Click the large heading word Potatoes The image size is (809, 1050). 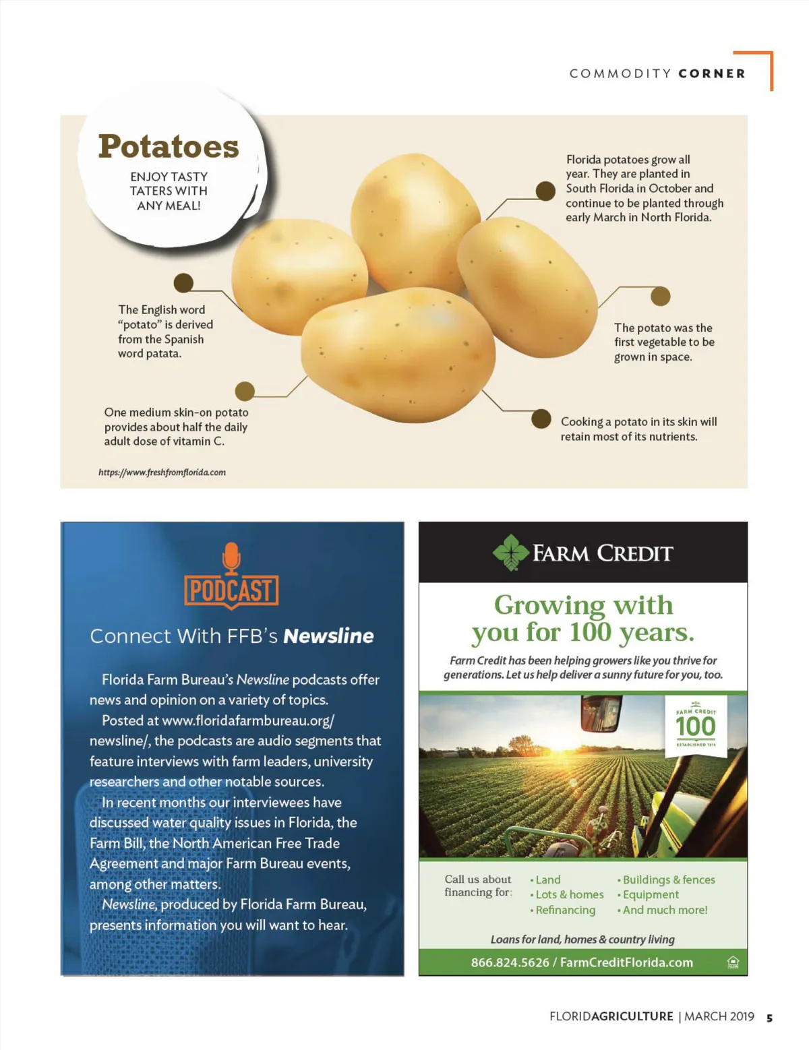click(169, 146)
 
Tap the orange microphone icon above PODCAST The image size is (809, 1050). click(231, 558)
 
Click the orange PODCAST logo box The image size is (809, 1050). click(231, 591)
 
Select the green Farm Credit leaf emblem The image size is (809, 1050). click(511, 553)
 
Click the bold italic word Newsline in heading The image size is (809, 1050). click(328, 636)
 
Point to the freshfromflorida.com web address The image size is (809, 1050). click(162, 472)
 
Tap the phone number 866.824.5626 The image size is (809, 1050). click(510, 962)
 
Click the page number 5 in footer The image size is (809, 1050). click(769, 1018)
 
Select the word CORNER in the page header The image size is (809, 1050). click(712, 73)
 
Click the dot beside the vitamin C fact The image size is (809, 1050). click(244, 391)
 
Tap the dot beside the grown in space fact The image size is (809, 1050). click(661, 296)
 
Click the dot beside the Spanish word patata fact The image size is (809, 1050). click(183, 283)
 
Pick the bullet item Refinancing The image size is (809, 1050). click(565, 910)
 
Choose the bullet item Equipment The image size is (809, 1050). click(650, 894)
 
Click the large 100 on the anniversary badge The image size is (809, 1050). click(695, 727)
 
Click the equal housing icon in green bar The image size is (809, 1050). click(733, 962)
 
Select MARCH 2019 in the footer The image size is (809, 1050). click(719, 1016)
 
